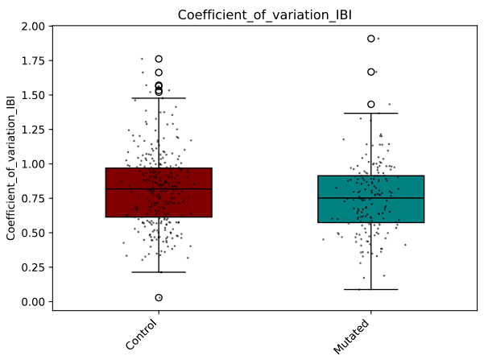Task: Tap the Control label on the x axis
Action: pos(143,333)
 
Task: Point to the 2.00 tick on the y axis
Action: pos(35,27)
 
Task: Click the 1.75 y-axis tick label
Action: pos(35,61)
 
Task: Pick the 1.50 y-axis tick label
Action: pos(35,95)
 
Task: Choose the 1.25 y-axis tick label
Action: pos(35,130)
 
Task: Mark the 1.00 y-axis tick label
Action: pos(35,164)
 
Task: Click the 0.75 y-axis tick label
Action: pos(35,199)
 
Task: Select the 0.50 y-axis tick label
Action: pos(35,233)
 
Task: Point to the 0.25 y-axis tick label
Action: pos(35,267)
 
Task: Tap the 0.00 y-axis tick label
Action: pos(35,302)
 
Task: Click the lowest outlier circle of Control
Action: pos(159,297)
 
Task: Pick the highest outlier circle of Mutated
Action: pos(371,39)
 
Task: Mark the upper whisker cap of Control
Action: pos(159,98)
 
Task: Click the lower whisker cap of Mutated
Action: pos(371,289)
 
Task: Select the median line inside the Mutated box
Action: pos(371,198)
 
